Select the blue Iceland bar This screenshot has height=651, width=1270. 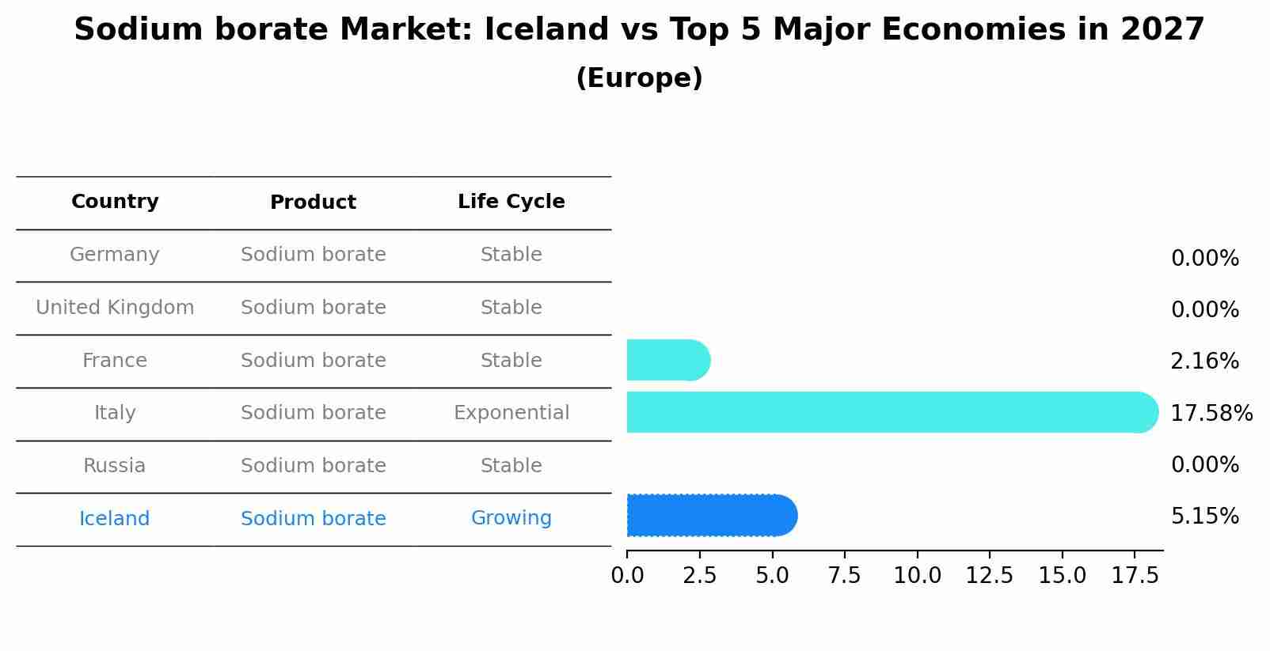click(x=711, y=516)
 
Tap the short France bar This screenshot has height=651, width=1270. click(x=667, y=361)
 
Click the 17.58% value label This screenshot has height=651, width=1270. click(x=1211, y=414)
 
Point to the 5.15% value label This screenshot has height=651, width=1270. click(x=1204, y=517)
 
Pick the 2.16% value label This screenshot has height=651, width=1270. click(x=1204, y=361)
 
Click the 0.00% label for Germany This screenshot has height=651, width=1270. click(x=1204, y=259)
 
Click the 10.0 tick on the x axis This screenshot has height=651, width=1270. click(x=917, y=576)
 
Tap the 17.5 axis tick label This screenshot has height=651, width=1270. click(x=1135, y=576)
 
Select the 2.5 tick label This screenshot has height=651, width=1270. click(x=699, y=576)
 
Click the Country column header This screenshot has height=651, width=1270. click(x=115, y=202)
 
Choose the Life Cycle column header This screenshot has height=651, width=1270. click(x=511, y=202)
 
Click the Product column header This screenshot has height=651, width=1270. click(x=313, y=202)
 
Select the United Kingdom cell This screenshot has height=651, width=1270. click(x=115, y=308)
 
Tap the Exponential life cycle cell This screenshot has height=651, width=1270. click(x=511, y=413)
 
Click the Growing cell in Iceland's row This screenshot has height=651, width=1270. click(x=511, y=518)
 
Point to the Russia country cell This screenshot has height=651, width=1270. click(x=115, y=466)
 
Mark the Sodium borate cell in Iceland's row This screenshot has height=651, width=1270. click(x=313, y=519)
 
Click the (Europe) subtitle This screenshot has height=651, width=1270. click(x=639, y=78)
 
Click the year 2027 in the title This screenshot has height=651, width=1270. click(x=1162, y=30)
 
